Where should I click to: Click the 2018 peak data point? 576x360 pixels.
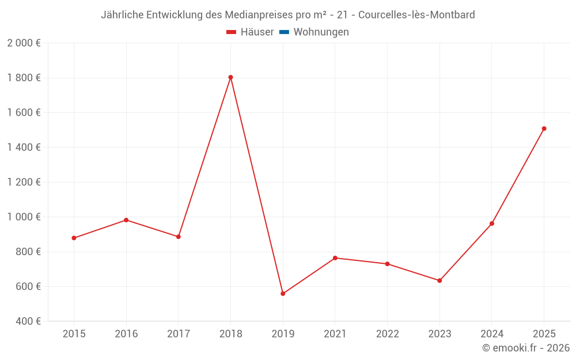point(230,77)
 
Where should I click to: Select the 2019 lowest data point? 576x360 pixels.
point(283,294)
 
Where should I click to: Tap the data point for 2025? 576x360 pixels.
point(544,128)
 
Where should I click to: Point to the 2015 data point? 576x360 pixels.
point(74,238)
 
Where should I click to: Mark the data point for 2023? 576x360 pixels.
point(439,281)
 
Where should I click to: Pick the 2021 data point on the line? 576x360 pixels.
point(335,258)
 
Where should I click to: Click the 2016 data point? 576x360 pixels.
point(126,220)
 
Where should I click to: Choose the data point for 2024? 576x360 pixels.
point(492,223)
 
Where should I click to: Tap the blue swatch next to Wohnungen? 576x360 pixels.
point(284,32)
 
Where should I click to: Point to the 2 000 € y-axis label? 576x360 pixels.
point(24,43)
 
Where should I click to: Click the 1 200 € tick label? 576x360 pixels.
point(24,182)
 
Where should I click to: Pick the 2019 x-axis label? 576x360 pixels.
point(283,334)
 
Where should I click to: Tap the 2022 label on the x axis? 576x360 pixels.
point(387,334)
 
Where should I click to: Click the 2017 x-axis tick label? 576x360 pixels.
point(178,334)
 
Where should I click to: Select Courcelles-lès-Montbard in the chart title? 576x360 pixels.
point(416,15)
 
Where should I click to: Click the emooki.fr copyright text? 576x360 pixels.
point(525,348)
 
